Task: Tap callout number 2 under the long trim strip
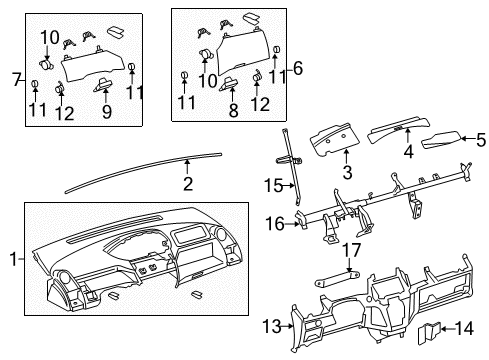[187, 183]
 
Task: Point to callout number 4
[408, 153]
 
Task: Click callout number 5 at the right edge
[481, 139]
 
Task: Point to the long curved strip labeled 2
[140, 169]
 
